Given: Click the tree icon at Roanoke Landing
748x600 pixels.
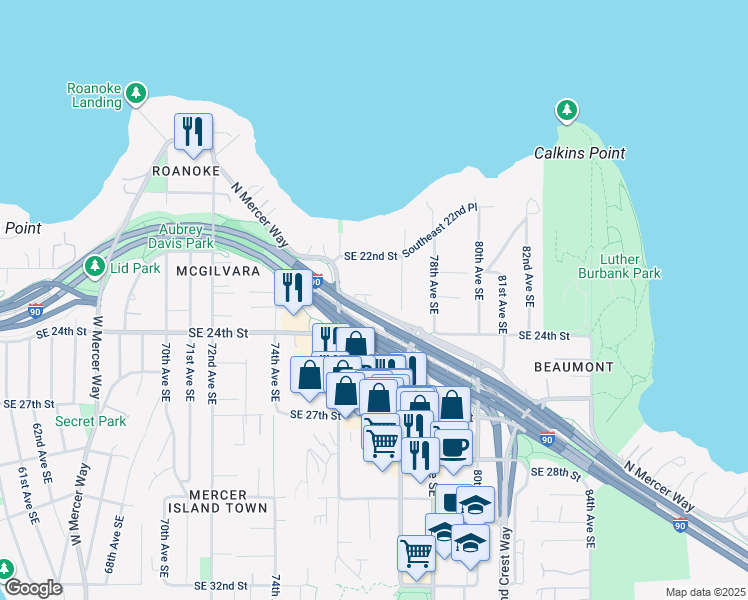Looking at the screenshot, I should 136,95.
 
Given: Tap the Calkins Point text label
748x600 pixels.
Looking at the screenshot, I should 579,153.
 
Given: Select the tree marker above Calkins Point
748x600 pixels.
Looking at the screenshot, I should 567,110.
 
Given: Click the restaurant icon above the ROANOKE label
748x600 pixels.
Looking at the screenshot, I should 193,131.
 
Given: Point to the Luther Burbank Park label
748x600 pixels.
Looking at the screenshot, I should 619,264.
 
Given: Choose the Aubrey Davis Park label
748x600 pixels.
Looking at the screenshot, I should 181,235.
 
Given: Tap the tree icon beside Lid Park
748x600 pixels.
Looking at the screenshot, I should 95,266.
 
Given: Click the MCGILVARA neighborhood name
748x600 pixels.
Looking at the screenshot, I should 218,271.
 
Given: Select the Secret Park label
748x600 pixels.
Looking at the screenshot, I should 91,421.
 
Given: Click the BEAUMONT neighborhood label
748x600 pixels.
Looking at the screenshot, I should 573,367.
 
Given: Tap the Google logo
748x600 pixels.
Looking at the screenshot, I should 32,588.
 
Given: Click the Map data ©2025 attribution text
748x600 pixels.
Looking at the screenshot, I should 705,592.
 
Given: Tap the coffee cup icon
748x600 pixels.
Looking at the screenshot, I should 453,447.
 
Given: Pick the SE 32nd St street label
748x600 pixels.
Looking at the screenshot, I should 220,585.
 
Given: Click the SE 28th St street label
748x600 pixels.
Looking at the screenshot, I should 555,472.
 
